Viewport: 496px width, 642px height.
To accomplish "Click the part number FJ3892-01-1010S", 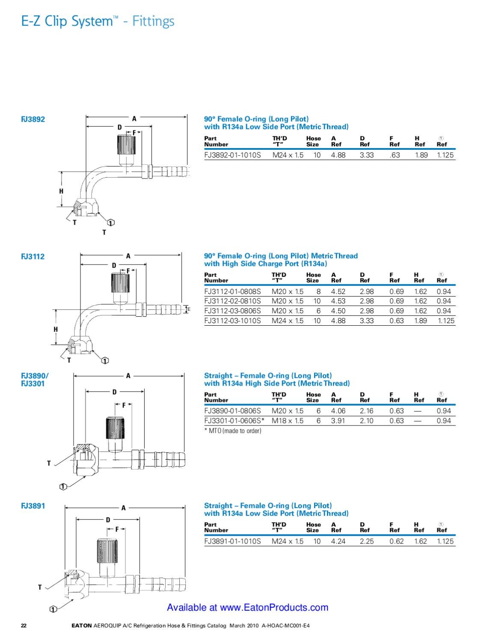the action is pyautogui.click(x=232, y=155).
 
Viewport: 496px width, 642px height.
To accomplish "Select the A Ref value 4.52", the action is pyautogui.click(x=338, y=291).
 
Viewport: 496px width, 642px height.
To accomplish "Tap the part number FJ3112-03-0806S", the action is pyautogui.click(x=232, y=311).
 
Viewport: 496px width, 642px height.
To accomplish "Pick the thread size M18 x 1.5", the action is pyautogui.click(x=288, y=421).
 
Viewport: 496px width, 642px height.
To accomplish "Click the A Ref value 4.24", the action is pyautogui.click(x=338, y=541).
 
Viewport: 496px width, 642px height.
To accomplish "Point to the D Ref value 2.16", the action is pyautogui.click(x=367, y=411).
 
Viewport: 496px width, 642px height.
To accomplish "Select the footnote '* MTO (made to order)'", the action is pyautogui.click(x=233, y=431).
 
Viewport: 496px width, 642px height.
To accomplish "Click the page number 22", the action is pyautogui.click(x=24, y=625).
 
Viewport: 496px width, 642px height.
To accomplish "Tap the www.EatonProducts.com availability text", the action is pyautogui.click(x=247, y=607).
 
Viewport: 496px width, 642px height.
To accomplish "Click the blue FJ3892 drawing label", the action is pyautogui.click(x=33, y=119).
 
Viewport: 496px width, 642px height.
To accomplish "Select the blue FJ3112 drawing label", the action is pyautogui.click(x=33, y=256).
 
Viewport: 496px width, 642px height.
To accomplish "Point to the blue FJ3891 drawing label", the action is pyautogui.click(x=33, y=506).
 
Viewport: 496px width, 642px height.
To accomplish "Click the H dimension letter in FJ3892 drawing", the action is pyautogui.click(x=61, y=191).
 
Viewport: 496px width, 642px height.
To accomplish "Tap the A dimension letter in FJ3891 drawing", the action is pyautogui.click(x=124, y=508).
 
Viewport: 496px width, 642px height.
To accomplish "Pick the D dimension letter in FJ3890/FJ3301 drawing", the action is pyautogui.click(x=114, y=392).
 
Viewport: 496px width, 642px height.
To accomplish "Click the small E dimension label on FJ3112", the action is pyautogui.click(x=189, y=309).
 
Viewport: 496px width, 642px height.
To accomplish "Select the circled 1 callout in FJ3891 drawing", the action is pyautogui.click(x=53, y=609).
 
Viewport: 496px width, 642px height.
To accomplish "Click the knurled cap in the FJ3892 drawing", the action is pyautogui.click(x=127, y=145).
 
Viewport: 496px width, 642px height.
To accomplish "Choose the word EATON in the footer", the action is pyautogui.click(x=82, y=625).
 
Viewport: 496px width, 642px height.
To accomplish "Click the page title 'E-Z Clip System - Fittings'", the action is pyautogui.click(x=98, y=21).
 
